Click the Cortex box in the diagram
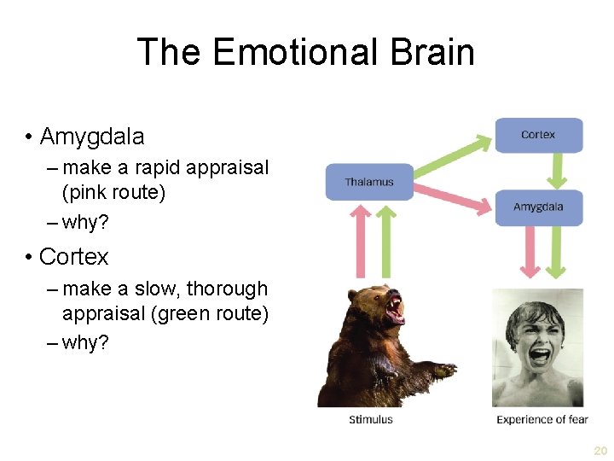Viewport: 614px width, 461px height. click(538, 135)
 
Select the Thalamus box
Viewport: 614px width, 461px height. click(368, 182)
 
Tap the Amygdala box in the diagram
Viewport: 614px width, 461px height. click(538, 207)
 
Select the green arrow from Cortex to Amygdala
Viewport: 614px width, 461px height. click(557, 171)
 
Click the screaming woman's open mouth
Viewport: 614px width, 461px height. click(539, 353)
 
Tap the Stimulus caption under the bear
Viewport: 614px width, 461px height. click(371, 419)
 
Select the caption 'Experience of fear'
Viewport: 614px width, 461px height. click(542, 419)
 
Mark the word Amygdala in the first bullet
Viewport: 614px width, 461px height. click(92, 137)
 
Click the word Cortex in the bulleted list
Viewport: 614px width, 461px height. click(74, 256)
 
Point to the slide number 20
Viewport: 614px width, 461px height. click(600, 450)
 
